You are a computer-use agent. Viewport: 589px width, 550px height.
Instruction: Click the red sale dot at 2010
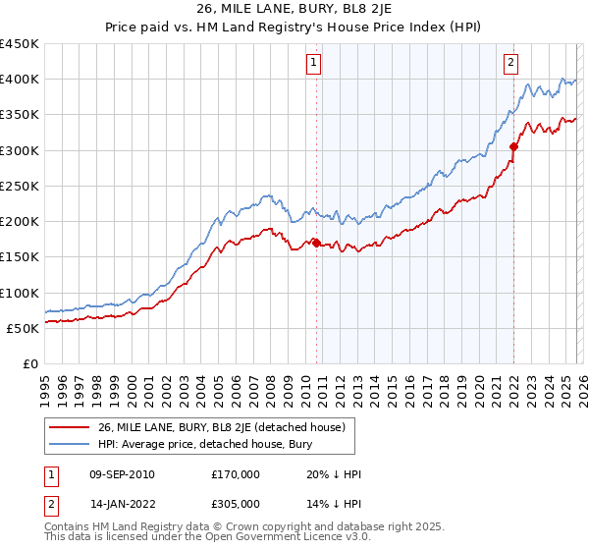point(316,244)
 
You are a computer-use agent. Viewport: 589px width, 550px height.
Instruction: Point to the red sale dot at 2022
point(513,147)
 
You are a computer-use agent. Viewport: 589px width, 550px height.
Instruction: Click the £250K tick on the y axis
point(20,186)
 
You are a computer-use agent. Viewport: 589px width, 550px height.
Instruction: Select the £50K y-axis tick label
point(24,328)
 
